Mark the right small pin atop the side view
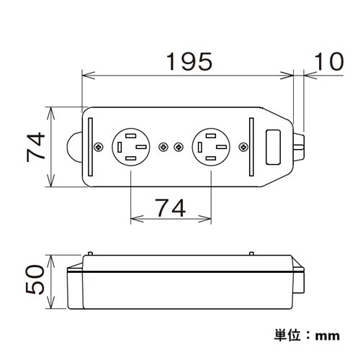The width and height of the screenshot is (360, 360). (250, 253)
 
